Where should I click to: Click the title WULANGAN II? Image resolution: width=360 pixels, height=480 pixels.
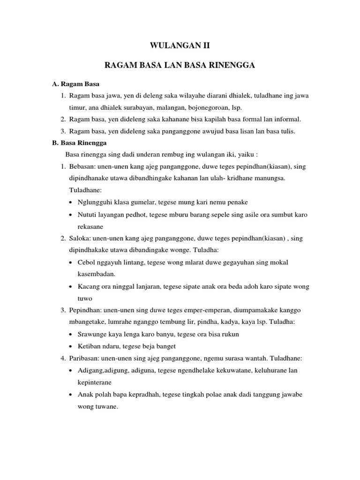tap(180, 46)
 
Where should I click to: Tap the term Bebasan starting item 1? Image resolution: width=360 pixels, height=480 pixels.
tap(82, 166)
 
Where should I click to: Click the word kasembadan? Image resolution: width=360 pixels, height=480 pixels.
tap(98, 274)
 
